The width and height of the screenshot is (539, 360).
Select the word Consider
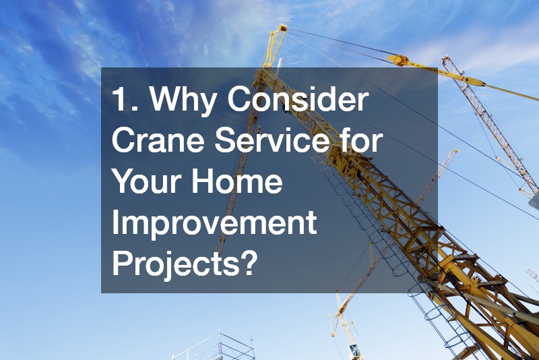click(x=298, y=102)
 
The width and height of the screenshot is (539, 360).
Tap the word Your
click(x=148, y=183)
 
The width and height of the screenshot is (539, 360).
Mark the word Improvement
click(x=214, y=223)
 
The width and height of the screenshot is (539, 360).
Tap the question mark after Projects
click(x=249, y=262)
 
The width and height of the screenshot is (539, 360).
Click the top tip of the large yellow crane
click(x=280, y=28)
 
